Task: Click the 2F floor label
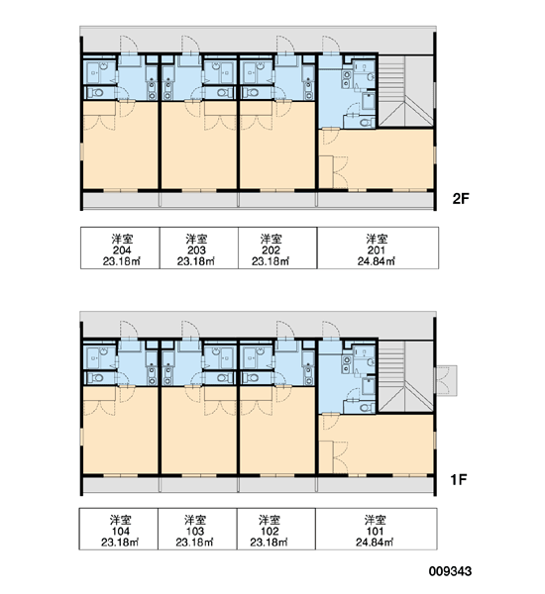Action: click(x=461, y=199)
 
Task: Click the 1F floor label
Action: click(x=459, y=479)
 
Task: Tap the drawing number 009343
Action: click(x=450, y=571)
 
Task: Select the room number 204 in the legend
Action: click(x=122, y=250)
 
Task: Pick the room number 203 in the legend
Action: click(x=196, y=250)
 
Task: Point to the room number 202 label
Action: click(x=271, y=250)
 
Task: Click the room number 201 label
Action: click(x=377, y=250)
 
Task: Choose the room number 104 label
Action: click(x=120, y=531)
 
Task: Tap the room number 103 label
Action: click(x=195, y=531)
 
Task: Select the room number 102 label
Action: click(x=270, y=531)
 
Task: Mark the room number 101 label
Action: click(x=375, y=531)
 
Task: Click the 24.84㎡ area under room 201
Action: click(x=377, y=261)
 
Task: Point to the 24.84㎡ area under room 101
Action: click(x=375, y=543)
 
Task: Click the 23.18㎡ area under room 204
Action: click(x=122, y=261)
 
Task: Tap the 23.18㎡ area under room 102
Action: click(x=270, y=543)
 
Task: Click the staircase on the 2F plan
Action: click(x=406, y=91)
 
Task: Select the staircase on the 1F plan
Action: click(x=406, y=376)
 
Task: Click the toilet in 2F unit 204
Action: click(x=96, y=92)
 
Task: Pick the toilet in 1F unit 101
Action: click(x=365, y=408)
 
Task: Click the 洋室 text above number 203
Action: click(x=196, y=239)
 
